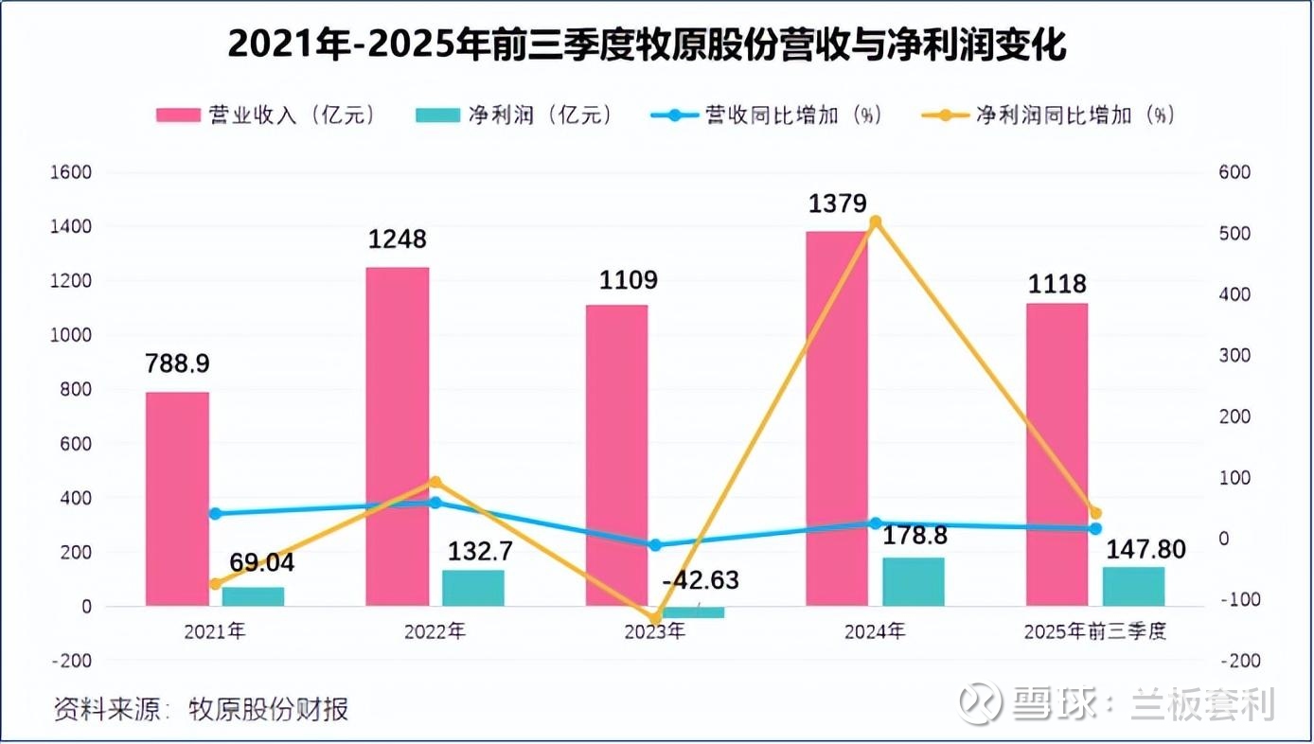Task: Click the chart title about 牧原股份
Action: tap(647, 44)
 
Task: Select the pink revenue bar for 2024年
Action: tap(837, 416)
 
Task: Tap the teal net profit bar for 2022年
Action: tap(473, 587)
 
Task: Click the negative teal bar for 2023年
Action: tap(693, 612)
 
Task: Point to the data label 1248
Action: tap(397, 239)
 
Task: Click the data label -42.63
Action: tap(701, 580)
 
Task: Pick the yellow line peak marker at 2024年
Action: tap(876, 221)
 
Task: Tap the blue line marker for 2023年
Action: tap(654, 545)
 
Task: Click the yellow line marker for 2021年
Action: tap(216, 584)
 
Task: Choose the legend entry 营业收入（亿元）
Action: tap(268, 115)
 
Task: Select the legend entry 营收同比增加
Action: tap(766, 115)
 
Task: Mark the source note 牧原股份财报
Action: tap(268, 709)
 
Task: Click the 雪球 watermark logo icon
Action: tap(980, 703)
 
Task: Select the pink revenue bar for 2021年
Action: tap(177, 499)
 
